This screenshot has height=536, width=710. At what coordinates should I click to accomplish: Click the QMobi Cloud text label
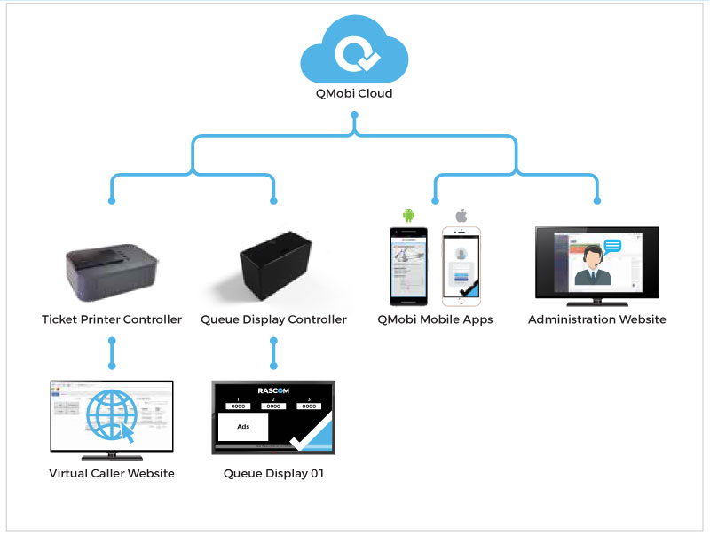pos(354,93)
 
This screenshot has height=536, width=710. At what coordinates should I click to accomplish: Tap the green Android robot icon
pos(409,215)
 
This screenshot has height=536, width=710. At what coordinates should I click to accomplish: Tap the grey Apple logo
pos(461,216)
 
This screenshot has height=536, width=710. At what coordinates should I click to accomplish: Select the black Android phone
pos(409,264)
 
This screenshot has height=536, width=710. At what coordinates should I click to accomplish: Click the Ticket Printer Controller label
pos(112,319)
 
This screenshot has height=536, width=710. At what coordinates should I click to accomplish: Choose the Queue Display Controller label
pos(273,319)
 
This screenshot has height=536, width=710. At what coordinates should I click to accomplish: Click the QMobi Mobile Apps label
pos(436,319)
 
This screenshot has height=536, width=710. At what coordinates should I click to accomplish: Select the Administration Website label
pos(596,319)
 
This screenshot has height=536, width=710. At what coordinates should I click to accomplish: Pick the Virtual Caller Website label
pos(112,474)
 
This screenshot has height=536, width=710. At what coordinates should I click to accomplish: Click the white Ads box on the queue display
pos(243,426)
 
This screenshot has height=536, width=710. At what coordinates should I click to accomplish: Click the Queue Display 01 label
pos(273,474)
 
